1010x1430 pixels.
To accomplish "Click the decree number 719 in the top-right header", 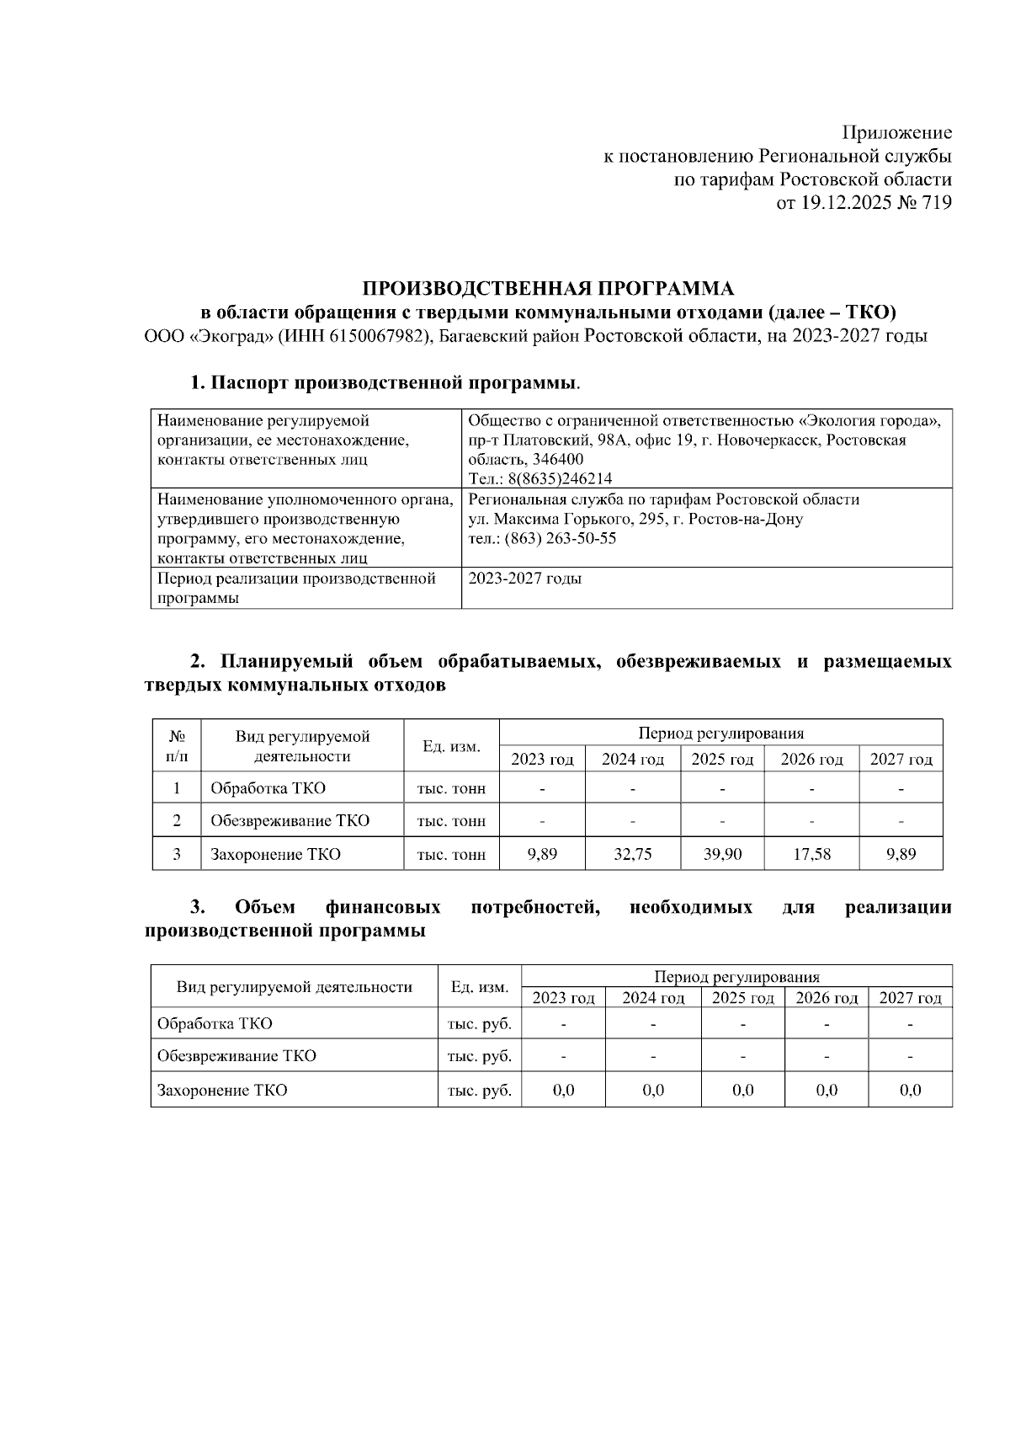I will tap(937, 202).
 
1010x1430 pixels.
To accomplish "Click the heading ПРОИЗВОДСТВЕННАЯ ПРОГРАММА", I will tap(548, 289).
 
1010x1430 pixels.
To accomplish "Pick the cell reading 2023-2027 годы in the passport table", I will tap(525, 579).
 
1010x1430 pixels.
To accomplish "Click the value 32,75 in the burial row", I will tap(632, 854).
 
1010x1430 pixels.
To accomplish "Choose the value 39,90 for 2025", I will tap(722, 854).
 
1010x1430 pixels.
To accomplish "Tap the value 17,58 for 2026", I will tap(811, 854).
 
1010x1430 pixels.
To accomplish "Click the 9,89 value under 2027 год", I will tap(901, 854).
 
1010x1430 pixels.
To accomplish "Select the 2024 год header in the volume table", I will tap(632, 760).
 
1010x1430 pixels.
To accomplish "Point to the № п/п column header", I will tap(177, 746).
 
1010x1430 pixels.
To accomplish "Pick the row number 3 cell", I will tap(177, 854).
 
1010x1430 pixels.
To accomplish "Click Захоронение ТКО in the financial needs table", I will tap(222, 1091).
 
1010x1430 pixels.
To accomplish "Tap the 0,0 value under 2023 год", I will tap(563, 1091).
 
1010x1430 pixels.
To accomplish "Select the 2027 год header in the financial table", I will tap(910, 999).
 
